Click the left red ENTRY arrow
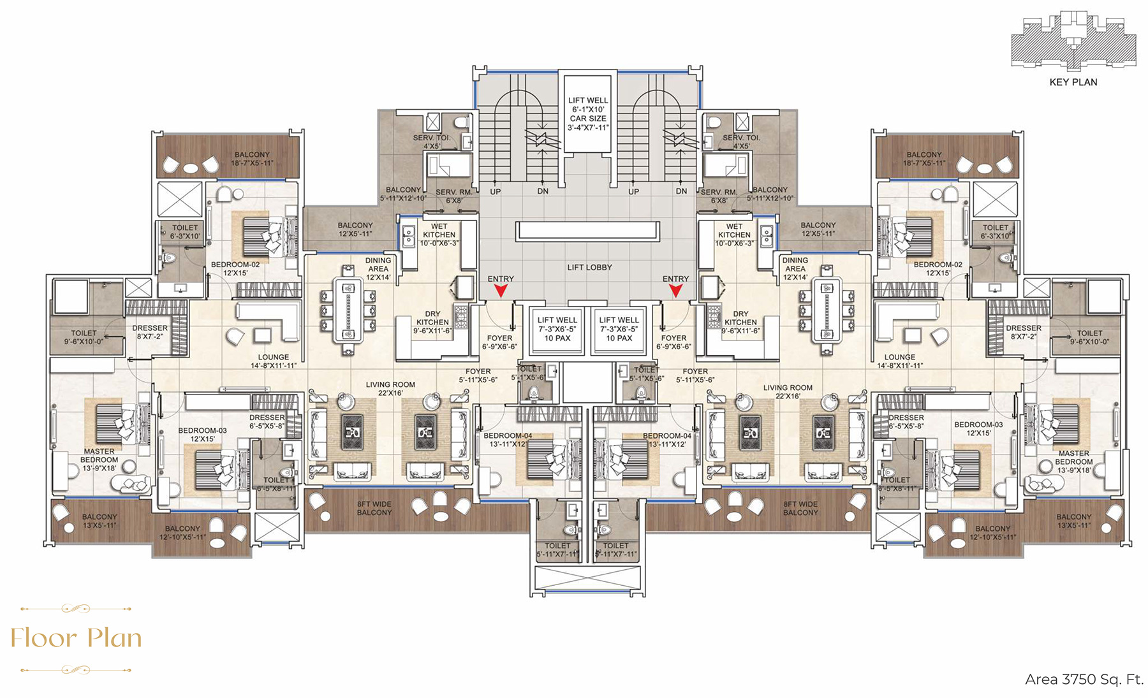[x=501, y=291]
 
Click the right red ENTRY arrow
[x=675, y=291]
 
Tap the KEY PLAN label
[x=1073, y=82]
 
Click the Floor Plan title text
[x=76, y=638]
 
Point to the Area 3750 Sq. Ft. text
[x=1084, y=680]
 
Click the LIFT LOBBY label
[x=589, y=267]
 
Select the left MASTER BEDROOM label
[x=99, y=460]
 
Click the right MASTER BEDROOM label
[x=1074, y=462]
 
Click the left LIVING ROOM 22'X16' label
[x=390, y=388]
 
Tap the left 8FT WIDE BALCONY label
[x=374, y=508]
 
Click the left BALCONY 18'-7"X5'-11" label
[x=252, y=159]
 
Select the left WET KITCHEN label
[x=439, y=235]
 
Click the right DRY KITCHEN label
[x=740, y=322]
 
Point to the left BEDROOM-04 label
[x=508, y=440]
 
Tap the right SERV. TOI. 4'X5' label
[x=741, y=142]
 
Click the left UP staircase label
[x=496, y=191]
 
